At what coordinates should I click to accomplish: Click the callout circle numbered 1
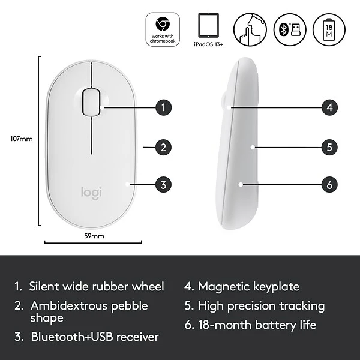click(x=163, y=108)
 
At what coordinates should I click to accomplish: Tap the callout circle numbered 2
click(x=163, y=146)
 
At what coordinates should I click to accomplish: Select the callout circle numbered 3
click(x=163, y=184)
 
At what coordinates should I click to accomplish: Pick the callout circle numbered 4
click(x=329, y=108)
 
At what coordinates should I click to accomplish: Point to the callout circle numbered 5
click(x=329, y=146)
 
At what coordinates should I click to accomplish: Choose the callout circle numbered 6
click(x=329, y=184)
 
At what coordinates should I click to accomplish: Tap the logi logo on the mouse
click(x=91, y=193)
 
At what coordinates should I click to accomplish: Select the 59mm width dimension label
click(x=94, y=236)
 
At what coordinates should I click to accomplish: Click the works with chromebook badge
click(x=162, y=29)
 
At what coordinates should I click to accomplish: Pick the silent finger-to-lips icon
click(x=249, y=29)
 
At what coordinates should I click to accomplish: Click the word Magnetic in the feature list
click(x=224, y=287)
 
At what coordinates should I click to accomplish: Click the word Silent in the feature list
click(x=45, y=287)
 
